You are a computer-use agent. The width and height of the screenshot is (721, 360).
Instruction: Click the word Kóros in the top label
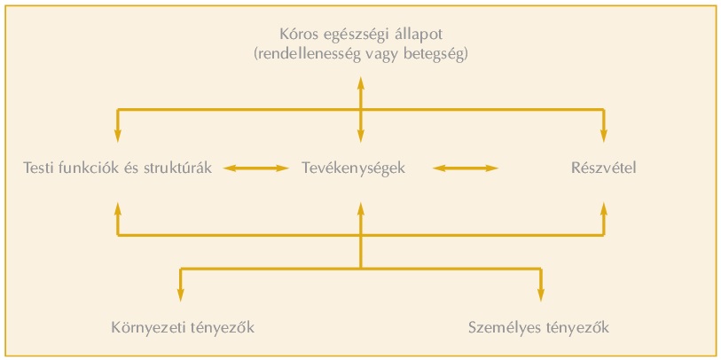point(296,36)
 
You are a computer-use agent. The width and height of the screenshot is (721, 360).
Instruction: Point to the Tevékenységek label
point(353,168)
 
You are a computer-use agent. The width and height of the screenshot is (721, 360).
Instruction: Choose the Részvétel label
point(603,168)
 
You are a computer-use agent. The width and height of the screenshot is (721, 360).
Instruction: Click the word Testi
point(42,168)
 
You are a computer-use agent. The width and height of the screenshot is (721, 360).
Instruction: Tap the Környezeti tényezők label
point(183,327)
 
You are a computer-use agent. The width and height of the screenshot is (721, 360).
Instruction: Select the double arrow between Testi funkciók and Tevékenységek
point(256,168)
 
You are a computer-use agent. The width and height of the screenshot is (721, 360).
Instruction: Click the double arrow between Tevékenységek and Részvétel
point(465,168)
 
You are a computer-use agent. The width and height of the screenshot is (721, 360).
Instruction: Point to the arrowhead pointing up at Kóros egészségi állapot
point(360,83)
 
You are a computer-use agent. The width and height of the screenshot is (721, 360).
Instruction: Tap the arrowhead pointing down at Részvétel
point(604,136)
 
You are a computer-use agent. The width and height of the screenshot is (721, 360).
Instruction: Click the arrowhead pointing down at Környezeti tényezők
point(181,295)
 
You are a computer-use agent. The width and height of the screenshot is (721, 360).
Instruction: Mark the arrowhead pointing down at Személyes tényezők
point(540,295)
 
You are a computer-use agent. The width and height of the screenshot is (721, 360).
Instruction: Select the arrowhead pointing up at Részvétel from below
point(604,207)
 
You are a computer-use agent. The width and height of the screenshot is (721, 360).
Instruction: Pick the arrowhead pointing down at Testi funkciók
point(117,136)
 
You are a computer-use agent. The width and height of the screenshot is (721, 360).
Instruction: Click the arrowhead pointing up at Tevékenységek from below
point(360,207)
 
